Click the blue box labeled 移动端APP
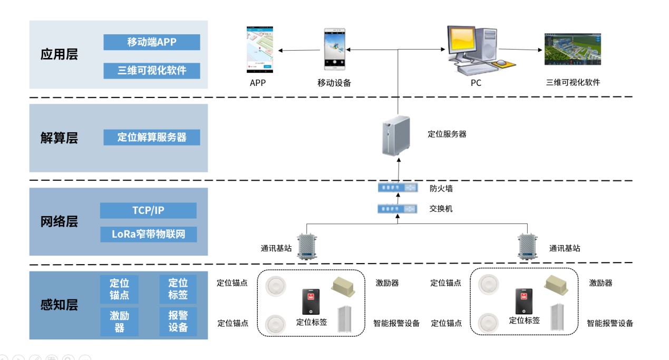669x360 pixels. click(x=152, y=42)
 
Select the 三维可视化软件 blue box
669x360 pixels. click(x=152, y=71)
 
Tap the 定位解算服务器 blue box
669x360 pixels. click(x=152, y=138)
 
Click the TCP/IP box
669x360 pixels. click(x=148, y=211)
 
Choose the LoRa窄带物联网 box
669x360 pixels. click(x=148, y=234)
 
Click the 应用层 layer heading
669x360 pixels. click(x=59, y=55)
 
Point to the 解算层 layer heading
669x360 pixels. click(x=59, y=138)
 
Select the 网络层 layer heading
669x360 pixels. click(x=59, y=222)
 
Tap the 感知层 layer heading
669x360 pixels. click(x=59, y=305)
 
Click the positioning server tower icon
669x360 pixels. click(x=395, y=135)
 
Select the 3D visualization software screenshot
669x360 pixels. click(x=573, y=50)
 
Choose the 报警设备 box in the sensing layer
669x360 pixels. click(x=178, y=321)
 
